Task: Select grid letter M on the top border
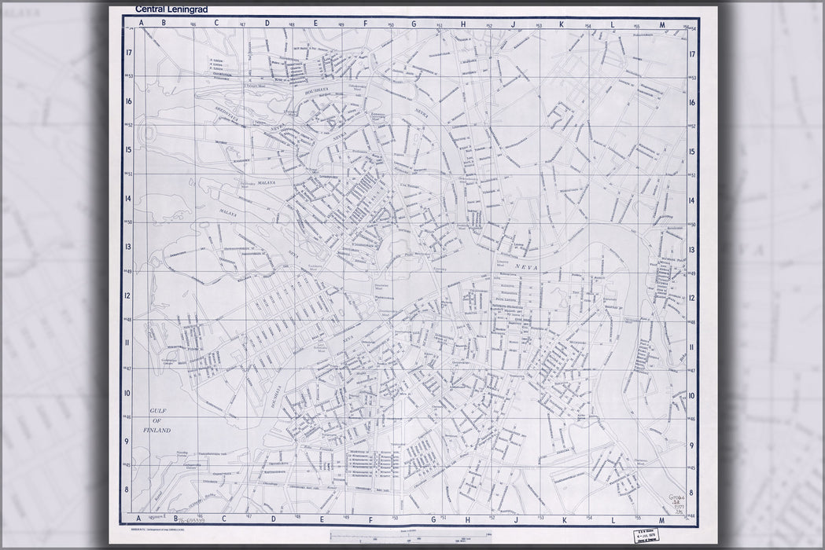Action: pos(662,24)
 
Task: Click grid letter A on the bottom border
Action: pos(142,519)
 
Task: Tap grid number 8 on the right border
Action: pos(692,489)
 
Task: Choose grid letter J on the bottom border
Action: pos(513,519)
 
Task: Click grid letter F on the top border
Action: pos(366,24)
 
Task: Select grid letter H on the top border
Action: pos(463,24)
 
